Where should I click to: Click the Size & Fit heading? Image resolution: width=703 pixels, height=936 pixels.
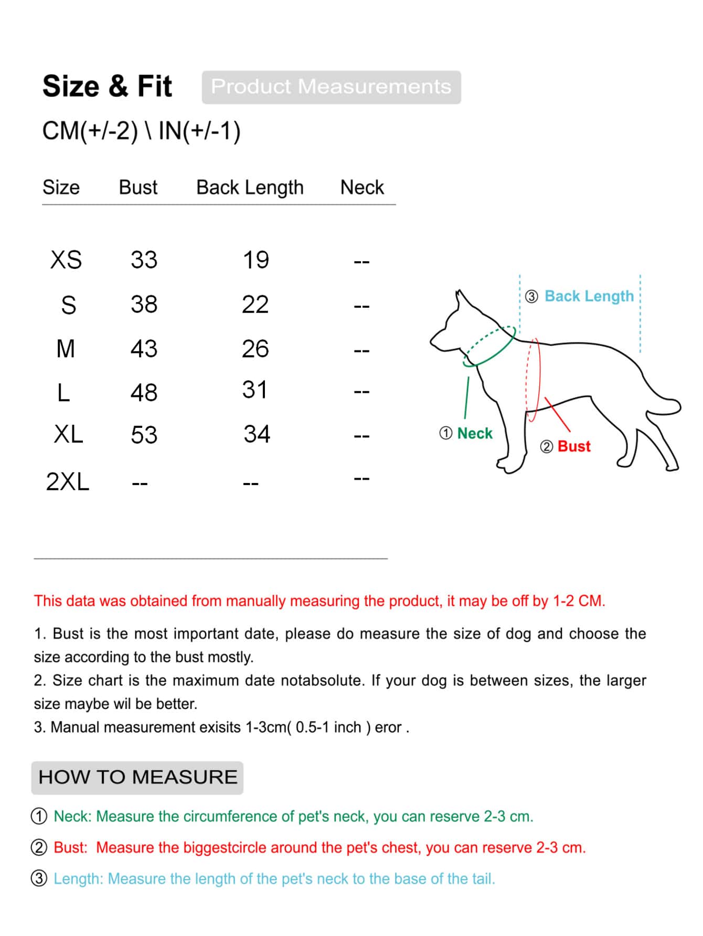tap(107, 87)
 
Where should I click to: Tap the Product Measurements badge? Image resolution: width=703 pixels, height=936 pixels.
tap(331, 87)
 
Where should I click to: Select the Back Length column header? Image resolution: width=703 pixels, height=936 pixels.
tap(250, 187)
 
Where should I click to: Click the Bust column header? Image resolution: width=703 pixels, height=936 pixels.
tap(138, 187)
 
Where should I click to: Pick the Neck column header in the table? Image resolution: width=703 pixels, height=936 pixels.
tap(362, 187)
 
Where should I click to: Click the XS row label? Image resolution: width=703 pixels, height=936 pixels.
tap(66, 260)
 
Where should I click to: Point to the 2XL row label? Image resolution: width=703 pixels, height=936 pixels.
tap(68, 482)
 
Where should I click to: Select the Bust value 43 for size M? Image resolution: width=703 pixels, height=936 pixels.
tap(144, 349)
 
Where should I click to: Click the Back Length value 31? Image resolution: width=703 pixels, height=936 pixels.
tap(255, 390)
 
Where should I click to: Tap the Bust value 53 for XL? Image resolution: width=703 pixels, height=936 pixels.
tap(144, 435)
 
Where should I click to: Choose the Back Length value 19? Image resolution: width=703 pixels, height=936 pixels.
tap(255, 260)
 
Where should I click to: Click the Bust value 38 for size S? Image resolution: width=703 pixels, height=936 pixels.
tap(144, 304)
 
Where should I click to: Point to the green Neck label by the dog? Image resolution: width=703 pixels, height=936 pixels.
tap(474, 434)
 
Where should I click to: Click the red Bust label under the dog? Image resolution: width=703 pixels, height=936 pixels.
tap(574, 446)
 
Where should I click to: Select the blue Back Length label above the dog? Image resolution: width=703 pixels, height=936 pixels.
tap(589, 296)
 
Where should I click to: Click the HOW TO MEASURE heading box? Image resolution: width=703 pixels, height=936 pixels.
tap(137, 777)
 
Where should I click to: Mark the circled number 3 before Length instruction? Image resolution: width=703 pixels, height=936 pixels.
tap(39, 878)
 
